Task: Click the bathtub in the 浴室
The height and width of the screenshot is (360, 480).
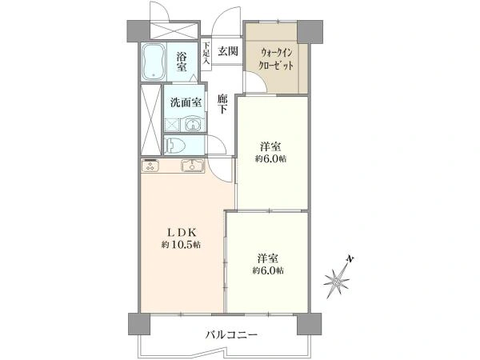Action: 154,62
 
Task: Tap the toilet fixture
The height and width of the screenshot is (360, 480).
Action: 178,146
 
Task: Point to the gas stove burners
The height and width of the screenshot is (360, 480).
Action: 151,166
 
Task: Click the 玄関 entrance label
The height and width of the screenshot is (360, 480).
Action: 228,52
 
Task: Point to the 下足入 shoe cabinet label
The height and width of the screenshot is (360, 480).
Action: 206,54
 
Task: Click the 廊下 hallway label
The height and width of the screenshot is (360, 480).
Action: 223,105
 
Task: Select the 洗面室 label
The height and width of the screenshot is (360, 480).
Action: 185,102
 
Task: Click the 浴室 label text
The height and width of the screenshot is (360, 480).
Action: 182,62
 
